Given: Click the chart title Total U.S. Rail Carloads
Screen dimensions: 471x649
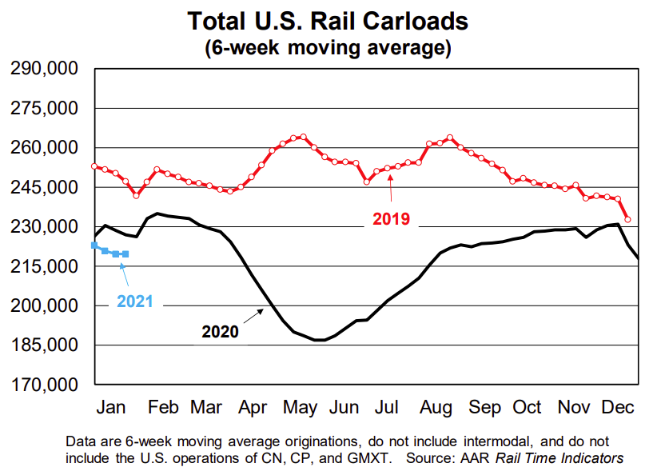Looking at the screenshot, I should tap(328, 20).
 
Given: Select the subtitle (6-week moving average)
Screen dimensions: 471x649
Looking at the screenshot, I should tap(328, 47).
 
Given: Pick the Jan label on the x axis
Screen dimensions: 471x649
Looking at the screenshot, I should tap(110, 407).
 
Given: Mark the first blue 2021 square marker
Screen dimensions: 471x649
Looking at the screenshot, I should tap(95, 245).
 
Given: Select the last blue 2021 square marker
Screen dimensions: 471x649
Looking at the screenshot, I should tap(125, 254).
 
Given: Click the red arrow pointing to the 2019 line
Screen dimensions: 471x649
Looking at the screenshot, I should tap(390, 190).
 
